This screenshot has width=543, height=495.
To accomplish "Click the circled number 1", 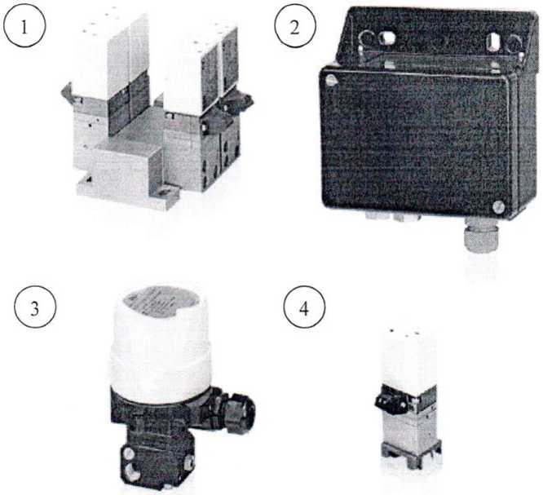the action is [x=24, y=27].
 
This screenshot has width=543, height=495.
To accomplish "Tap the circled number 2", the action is [x=295, y=27].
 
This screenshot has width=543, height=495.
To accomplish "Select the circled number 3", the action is [x=34, y=308].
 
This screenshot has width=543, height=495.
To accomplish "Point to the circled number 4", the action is [x=304, y=308].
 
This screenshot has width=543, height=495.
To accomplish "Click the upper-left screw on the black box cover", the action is [x=331, y=80].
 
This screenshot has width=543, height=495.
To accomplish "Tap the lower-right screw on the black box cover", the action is [x=497, y=207].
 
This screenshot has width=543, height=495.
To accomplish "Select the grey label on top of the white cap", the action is [x=161, y=298].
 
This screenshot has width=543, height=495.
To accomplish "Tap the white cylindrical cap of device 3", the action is [x=161, y=343].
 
